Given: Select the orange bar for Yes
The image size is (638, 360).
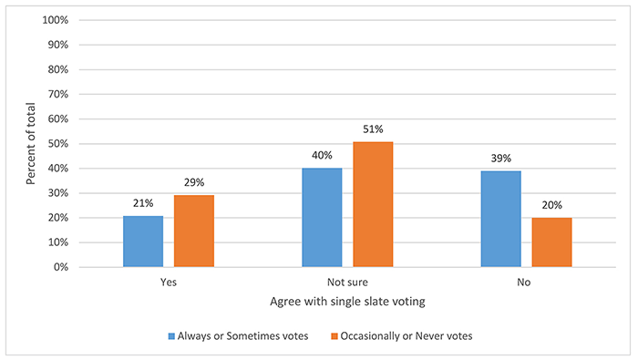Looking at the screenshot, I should [194, 231].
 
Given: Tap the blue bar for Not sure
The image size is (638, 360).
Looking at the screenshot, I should [322, 218].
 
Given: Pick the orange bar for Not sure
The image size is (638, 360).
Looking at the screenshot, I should [373, 204].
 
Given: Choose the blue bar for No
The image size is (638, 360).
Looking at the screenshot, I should [500, 219].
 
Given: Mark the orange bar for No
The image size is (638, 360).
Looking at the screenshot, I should [551, 242].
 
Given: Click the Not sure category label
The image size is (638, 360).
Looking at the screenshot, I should [346, 283].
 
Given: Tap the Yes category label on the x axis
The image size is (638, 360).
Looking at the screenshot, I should [168, 283].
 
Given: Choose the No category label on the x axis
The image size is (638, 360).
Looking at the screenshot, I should [525, 283].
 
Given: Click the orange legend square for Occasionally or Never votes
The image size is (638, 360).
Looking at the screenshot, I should [334, 334].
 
